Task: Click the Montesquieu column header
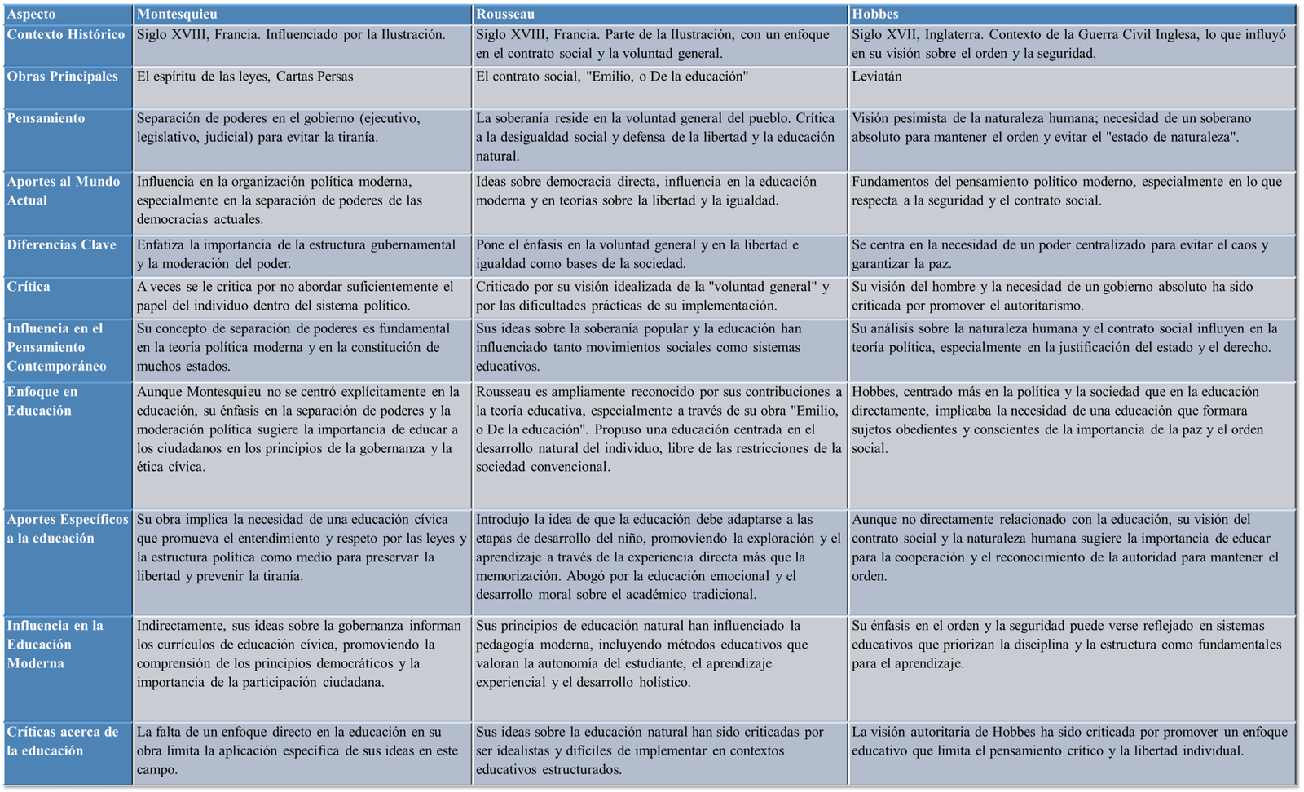tap(177, 14)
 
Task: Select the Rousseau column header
tap(505, 14)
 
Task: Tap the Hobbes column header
tap(875, 14)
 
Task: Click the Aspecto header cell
tap(32, 14)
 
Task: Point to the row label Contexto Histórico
tap(66, 34)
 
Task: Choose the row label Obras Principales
tap(63, 77)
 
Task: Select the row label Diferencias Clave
tap(62, 244)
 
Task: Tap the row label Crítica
tap(29, 287)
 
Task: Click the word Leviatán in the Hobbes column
tap(877, 77)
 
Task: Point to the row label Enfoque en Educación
tap(42, 401)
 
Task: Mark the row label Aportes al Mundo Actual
tap(64, 191)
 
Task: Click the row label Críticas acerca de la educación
tap(63, 741)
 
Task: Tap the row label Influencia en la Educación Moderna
tap(55, 644)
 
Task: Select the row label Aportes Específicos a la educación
tap(68, 529)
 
